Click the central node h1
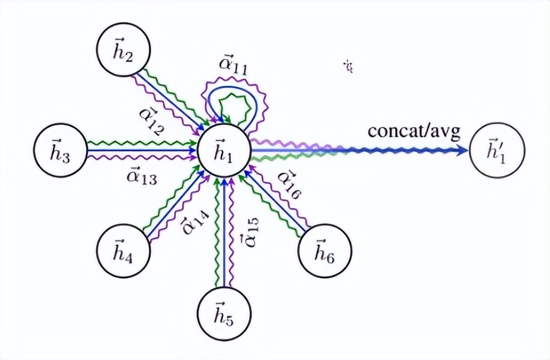pyautogui.click(x=224, y=150)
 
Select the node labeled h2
pyautogui.click(x=121, y=52)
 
